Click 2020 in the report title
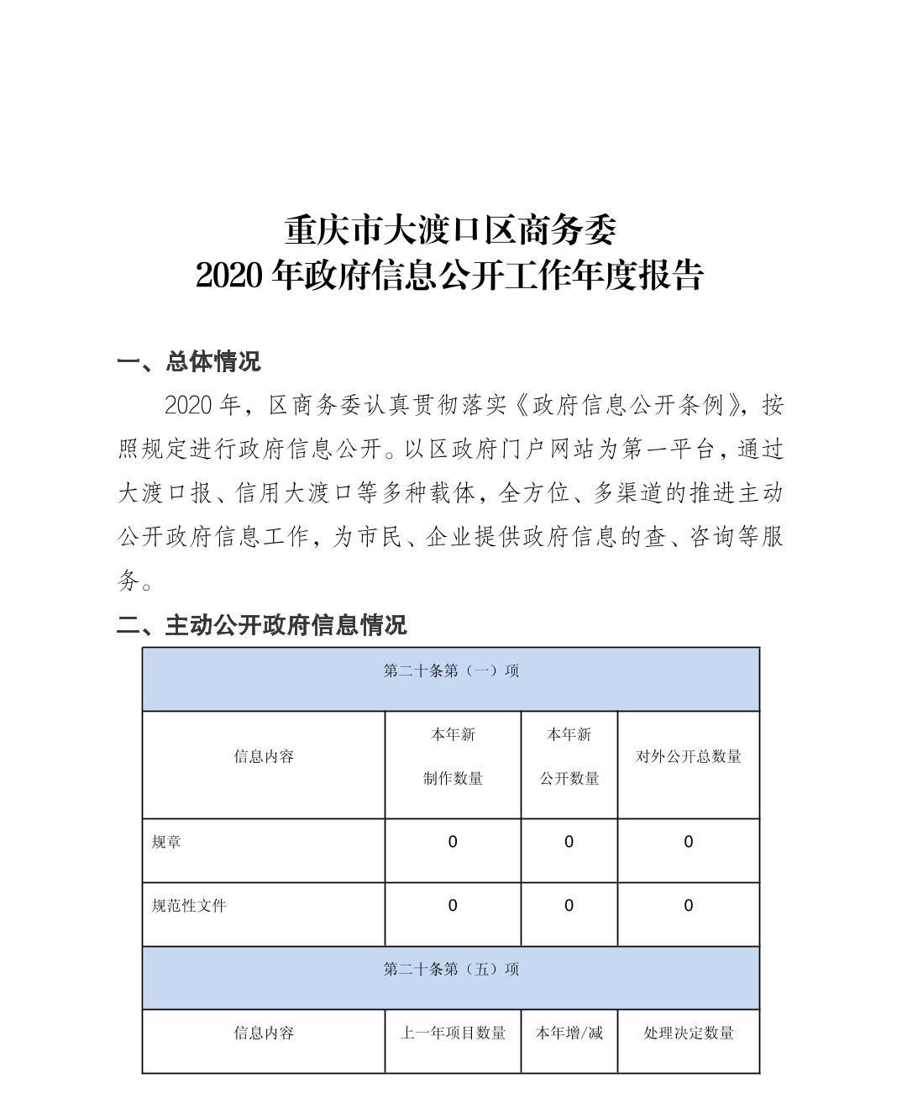click(231, 275)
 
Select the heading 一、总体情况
click(189, 362)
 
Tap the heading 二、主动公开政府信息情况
click(261, 624)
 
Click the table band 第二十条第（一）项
click(451, 671)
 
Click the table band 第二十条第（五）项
click(451, 970)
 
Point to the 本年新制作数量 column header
click(453, 756)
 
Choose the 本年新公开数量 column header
click(569, 756)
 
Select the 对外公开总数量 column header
click(688, 756)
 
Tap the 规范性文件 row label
click(189, 906)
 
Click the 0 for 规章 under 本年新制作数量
click(453, 842)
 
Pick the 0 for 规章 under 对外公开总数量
click(689, 842)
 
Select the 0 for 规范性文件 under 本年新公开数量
click(569, 906)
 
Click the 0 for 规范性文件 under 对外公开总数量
click(689, 906)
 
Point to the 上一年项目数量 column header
click(453, 1033)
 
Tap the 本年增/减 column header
click(569, 1033)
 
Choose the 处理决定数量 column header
click(689, 1033)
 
